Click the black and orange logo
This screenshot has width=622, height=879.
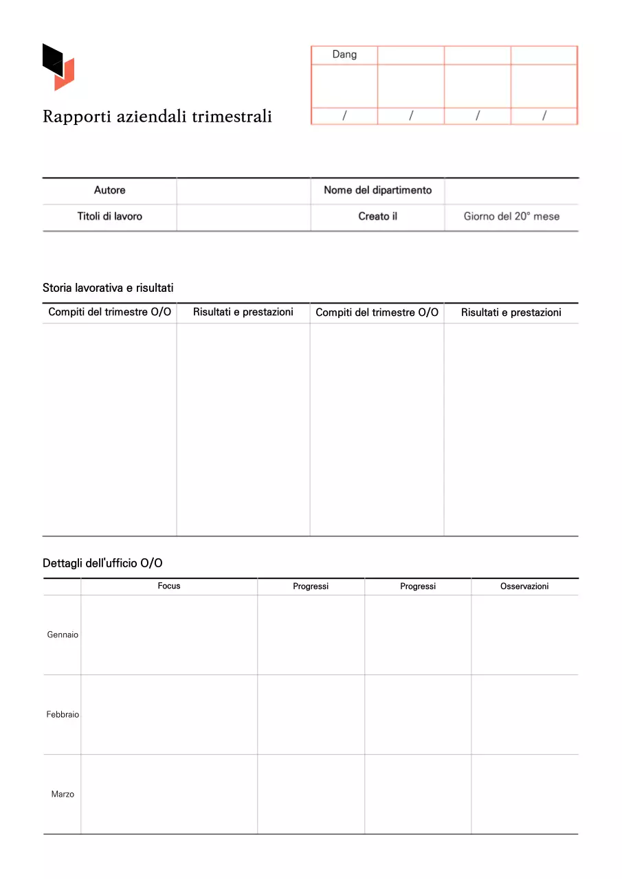coord(58,67)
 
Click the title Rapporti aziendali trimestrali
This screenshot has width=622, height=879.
coord(157,117)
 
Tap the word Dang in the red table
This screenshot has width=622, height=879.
coord(344,54)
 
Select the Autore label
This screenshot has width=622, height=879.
coord(109,190)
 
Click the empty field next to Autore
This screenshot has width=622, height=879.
coord(243,190)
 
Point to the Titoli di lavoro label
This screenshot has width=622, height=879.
coord(109,216)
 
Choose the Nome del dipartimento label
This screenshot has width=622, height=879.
coord(377,190)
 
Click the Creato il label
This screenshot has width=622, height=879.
coord(377,216)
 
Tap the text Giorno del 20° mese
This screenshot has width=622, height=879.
coord(511,216)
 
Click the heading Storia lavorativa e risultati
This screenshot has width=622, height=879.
coord(108,288)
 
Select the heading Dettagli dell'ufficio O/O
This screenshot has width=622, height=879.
coord(102,563)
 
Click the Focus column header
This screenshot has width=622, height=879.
coord(169,586)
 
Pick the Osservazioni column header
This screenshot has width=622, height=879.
coord(524,586)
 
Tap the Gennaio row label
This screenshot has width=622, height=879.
coord(63,635)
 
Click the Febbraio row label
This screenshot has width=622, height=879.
coord(63,714)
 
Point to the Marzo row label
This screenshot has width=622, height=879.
coord(63,794)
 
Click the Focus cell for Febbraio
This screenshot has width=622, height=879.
coord(169,714)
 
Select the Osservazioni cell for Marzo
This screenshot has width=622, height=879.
coord(524,794)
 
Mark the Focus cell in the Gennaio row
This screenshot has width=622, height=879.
coord(169,635)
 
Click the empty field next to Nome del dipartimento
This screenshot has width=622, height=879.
coord(511,190)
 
